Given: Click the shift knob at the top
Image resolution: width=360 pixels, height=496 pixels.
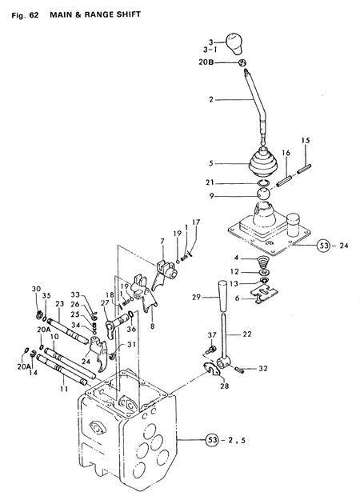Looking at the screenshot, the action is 234,43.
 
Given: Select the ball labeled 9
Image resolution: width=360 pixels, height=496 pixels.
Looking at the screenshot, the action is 263,194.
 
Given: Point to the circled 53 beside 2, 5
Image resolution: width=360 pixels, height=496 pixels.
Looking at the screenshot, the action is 213,440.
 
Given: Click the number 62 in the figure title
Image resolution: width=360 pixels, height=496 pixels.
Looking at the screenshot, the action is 34,15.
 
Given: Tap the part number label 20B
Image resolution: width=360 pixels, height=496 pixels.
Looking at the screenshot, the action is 206,62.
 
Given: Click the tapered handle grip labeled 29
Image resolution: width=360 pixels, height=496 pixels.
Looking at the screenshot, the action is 224,295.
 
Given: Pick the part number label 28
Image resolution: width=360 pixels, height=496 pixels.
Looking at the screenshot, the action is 224,386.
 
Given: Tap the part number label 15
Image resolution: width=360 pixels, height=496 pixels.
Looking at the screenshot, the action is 306,141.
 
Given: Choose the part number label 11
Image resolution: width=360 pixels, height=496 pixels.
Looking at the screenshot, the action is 64,389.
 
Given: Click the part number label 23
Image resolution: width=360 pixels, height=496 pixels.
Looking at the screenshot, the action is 59,304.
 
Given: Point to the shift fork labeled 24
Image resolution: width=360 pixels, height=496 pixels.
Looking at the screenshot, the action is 98,353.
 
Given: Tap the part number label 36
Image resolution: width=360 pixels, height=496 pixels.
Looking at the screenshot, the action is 131,329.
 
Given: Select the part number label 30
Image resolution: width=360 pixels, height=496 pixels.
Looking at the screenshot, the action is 36,289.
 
